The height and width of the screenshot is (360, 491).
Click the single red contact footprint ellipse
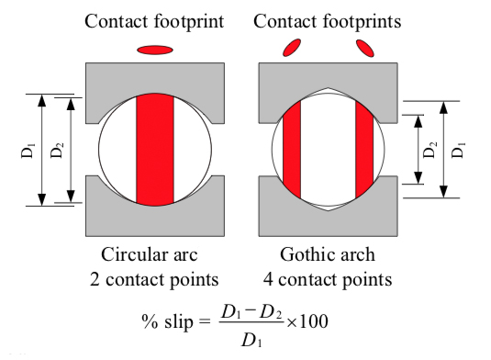tap(153, 49)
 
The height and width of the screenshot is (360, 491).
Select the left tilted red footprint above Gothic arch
tap(293, 47)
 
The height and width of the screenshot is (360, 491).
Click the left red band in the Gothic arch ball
tap(292, 149)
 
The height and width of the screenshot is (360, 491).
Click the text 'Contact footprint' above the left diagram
tap(153, 20)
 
